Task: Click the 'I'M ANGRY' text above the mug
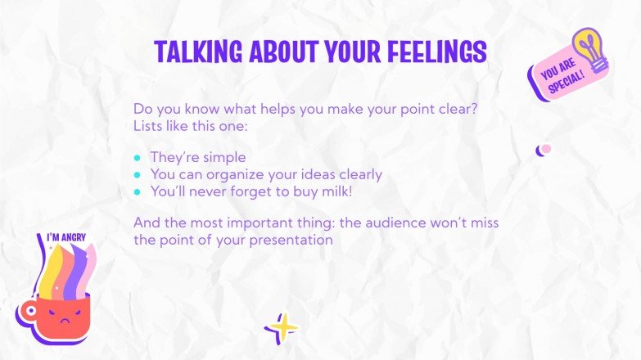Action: pyautogui.click(x=66, y=238)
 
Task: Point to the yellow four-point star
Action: pyautogui.click(x=282, y=329)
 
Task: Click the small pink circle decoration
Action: pyautogui.click(x=546, y=149)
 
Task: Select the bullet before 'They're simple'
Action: pyautogui.click(x=138, y=157)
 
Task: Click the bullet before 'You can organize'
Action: pyautogui.click(x=138, y=174)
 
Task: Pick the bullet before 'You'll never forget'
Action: pyautogui.click(x=138, y=191)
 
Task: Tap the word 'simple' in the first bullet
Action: pyautogui.click(x=224, y=157)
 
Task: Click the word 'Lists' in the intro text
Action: pyautogui.click(x=148, y=126)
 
